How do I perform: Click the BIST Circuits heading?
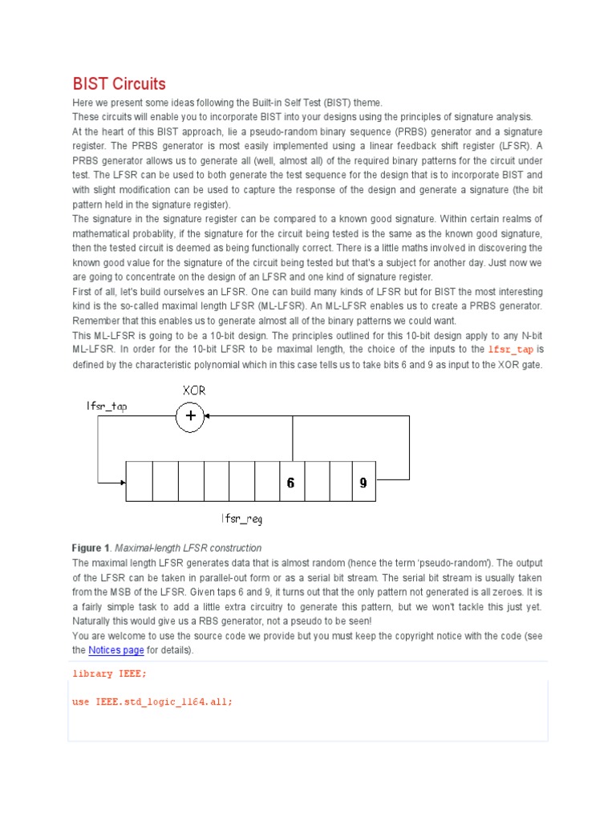click(x=119, y=84)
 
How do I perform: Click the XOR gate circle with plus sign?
click(x=190, y=416)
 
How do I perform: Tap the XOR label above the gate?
click(x=194, y=390)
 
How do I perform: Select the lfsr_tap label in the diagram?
click(x=107, y=406)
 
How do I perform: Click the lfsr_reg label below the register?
click(x=242, y=519)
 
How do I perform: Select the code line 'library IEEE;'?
click(x=109, y=673)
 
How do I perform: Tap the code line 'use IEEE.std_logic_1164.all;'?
click(x=152, y=702)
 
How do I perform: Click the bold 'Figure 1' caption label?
click(x=91, y=548)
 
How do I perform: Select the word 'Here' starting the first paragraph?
click(x=82, y=102)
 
